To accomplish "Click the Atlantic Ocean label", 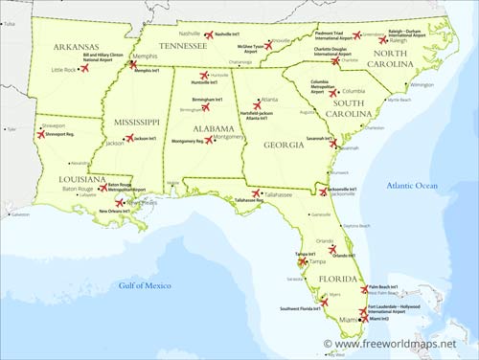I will (413, 184).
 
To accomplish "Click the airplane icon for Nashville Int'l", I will (208, 34).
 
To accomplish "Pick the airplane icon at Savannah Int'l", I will (333, 143).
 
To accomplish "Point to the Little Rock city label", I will (64, 70).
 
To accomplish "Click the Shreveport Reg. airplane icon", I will (41, 135).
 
